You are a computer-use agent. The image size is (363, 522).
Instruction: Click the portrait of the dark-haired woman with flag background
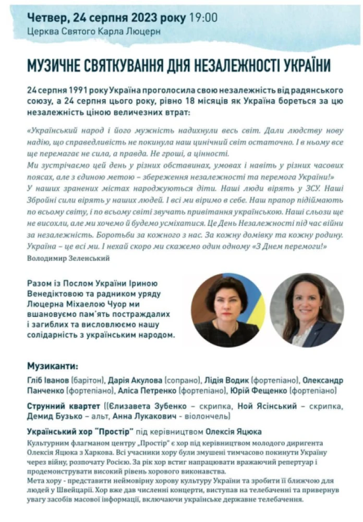(227, 310)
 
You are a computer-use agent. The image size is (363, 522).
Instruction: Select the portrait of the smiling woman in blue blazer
(306, 310)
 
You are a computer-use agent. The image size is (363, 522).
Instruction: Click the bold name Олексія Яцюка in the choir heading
(234, 432)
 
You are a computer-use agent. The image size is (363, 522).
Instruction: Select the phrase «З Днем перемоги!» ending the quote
(289, 246)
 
